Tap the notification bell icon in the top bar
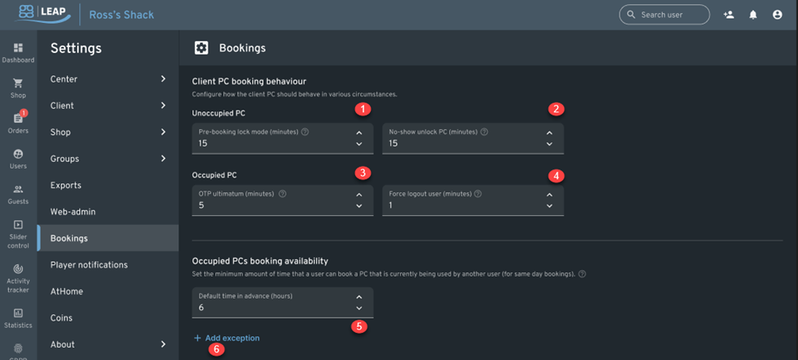tap(753, 15)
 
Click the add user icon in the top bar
tap(728, 15)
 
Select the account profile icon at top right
tap(778, 15)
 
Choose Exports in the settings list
tap(66, 185)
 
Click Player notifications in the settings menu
tap(88, 265)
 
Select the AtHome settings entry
tap(66, 291)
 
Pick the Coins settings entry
tap(61, 317)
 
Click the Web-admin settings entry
tap(73, 212)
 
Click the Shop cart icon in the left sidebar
tap(18, 83)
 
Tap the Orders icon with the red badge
tap(18, 119)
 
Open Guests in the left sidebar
tap(18, 190)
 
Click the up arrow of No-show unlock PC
tap(549, 133)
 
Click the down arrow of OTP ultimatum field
tap(358, 206)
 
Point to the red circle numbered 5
tap(358, 326)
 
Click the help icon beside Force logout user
tap(477, 194)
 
